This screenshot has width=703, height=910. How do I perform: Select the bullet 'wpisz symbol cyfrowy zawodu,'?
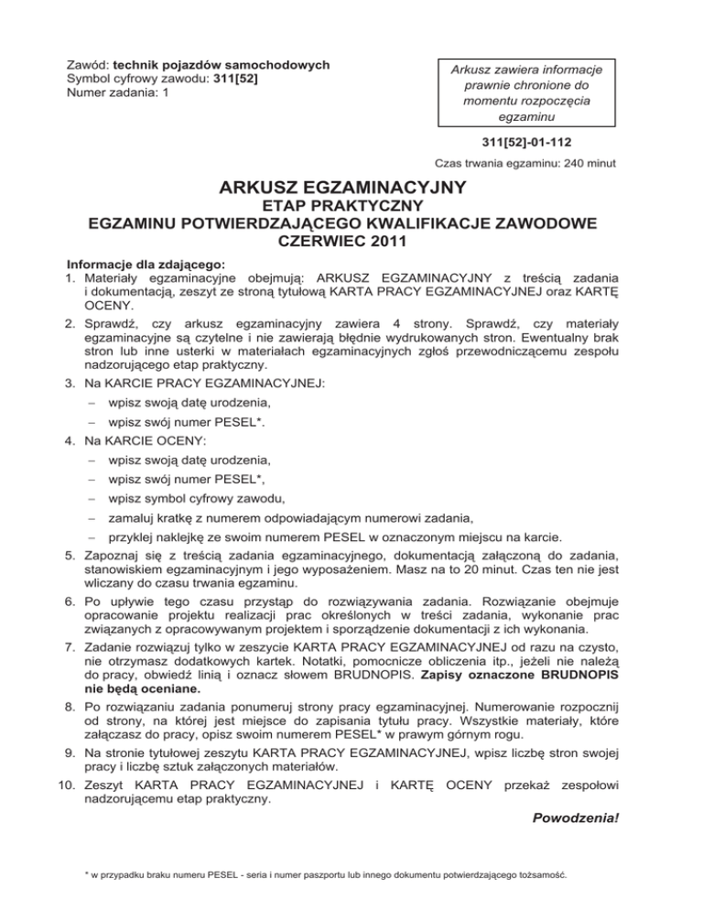click(196, 499)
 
